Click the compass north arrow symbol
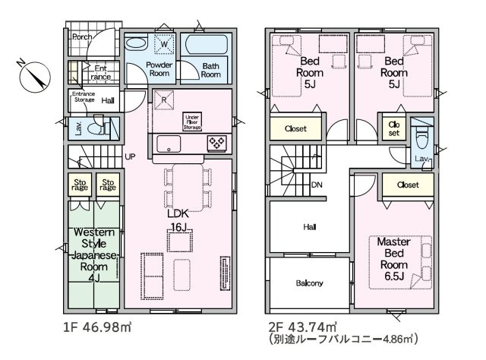[x=34, y=77]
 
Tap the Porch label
[x=82, y=37]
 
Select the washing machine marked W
[x=164, y=44]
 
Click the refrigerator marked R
[x=164, y=99]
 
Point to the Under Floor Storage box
[x=192, y=122]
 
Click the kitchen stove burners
[x=216, y=144]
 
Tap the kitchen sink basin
[x=169, y=144]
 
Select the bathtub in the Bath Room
[x=204, y=44]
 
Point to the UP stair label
[x=130, y=156]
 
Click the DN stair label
[x=317, y=185]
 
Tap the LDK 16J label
[x=178, y=220]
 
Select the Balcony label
[x=309, y=283]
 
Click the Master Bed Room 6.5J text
[x=393, y=259]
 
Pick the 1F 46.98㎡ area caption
[x=97, y=327]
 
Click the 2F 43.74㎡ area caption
[x=302, y=327]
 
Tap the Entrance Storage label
[x=84, y=96]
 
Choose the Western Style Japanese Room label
[x=94, y=255]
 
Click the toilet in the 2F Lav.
[x=422, y=137]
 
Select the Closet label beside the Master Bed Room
[x=408, y=185]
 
